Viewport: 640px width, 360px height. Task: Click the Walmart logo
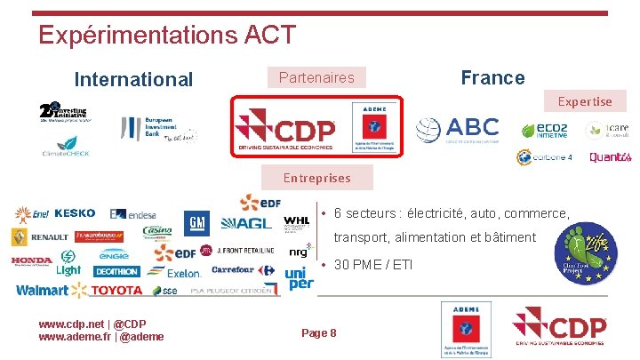click(x=42, y=291)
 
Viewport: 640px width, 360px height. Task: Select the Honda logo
click(x=32, y=261)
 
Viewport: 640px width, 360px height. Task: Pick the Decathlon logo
click(x=116, y=271)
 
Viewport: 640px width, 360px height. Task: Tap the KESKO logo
click(x=75, y=213)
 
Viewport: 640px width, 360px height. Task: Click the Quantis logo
click(x=610, y=157)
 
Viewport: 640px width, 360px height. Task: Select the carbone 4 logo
click(x=545, y=157)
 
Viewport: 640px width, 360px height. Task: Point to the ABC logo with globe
click(x=458, y=129)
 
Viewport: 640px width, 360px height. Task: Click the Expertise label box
click(x=585, y=101)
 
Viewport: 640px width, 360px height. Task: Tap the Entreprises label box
click(x=316, y=178)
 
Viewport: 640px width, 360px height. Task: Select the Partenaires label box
click(x=316, y=77)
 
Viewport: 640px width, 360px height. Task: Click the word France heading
click(x=492, y=77)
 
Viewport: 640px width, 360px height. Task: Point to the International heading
click(x=133, y=79)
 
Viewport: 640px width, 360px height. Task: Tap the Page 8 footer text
click(x=319, y=332)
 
